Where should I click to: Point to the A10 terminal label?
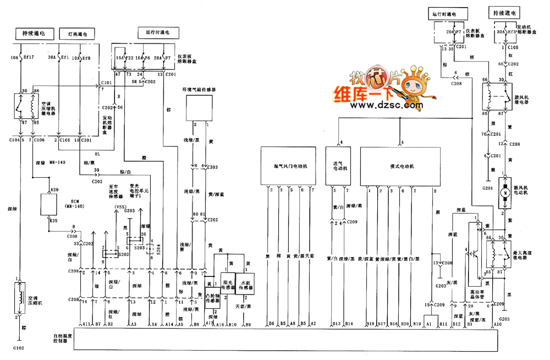pyautogui.click(x=498, y=325)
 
